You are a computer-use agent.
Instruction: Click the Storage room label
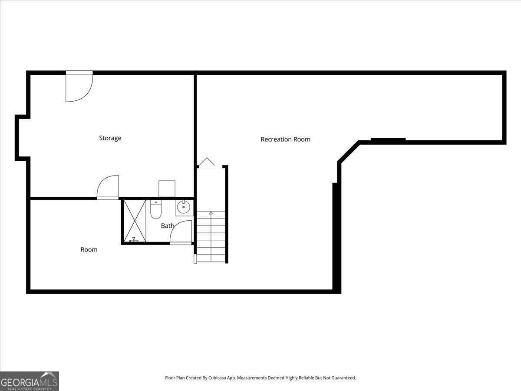[x=110, y=138]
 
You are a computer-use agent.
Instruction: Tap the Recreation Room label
[x=285, y=139]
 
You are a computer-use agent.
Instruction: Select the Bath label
[x=168, y=226]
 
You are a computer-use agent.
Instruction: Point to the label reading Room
[x=89, y=250]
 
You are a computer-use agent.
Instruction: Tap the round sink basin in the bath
[x=184, y=207]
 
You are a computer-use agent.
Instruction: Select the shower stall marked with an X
[x=135, y=220]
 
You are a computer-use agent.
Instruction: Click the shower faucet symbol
[x=134, y=239]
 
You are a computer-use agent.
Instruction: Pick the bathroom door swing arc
[x=181, y=232]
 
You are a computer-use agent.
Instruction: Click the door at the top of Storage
[x=79, y=87]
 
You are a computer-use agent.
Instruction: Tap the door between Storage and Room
[x=108, y=187]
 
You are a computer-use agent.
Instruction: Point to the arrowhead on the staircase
[x=211, y=213]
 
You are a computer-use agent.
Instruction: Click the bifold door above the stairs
[x=207, y=162]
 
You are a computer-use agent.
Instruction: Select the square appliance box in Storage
[x=167, y=189]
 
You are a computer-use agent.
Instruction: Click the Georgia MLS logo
[x=29, y=381]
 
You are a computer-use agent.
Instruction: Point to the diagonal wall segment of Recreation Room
[x=349, y=152]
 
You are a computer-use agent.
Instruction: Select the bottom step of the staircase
[x=211, y=258]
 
